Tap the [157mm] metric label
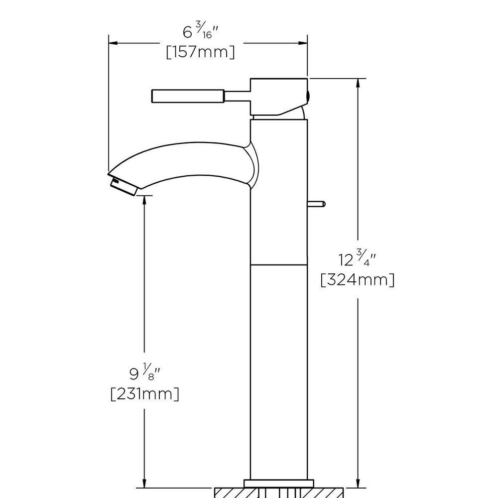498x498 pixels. coord(200,52)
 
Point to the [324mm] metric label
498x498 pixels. coord(358,279)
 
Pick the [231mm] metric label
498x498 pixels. coord(144,394)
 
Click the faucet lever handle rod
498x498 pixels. coord(188,97)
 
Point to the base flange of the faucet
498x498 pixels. coord(279,483)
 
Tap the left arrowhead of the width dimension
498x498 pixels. coord(113,43)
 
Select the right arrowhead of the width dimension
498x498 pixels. coord(303,43)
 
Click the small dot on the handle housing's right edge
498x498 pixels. coord(307,95)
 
